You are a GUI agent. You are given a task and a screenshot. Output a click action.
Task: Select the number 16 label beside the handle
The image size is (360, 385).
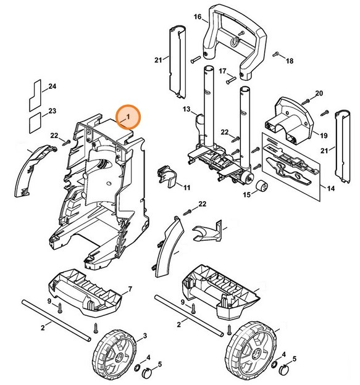(198, 17)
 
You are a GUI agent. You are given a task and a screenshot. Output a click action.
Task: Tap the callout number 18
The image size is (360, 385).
(290, 60)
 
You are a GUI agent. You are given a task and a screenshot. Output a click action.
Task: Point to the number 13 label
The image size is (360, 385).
(186, 109)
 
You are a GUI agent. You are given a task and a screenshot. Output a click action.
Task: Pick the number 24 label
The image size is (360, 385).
(52, 86)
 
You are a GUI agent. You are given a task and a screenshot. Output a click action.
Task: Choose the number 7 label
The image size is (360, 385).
(130, 289)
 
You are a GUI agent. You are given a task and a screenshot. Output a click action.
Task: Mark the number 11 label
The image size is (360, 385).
(186, 187)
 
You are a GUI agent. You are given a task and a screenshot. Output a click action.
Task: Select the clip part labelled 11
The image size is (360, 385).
(167, 175)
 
